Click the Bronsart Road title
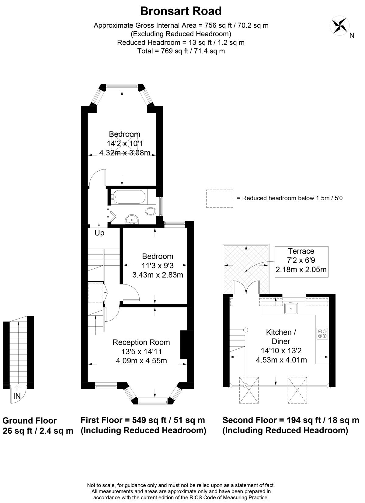point(181,11)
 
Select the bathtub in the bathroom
point(129,197)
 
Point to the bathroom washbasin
point(132,219)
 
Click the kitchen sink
point(291,308)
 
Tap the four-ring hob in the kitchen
point(322,334)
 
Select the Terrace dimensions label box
point(301,262)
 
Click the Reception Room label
point(141,342)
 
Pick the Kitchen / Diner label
point(281,337)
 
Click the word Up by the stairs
point(99,233)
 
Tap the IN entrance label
point(17,396)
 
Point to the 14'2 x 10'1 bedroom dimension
point(125,143)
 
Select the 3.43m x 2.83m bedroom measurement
point(158,275)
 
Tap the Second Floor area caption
point(291,425)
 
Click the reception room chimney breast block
point(184,345)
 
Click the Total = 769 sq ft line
point(181,51)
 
